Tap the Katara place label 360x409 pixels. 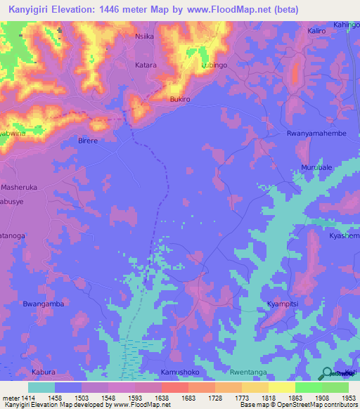(x=146, y=65)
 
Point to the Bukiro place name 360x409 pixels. (x=180, y=100)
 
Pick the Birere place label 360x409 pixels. (x=88, y=141)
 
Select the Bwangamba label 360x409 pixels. (x=44, y=304)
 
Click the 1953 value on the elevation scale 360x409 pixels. (x=349, y=397)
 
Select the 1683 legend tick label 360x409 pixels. (x=188, y=397)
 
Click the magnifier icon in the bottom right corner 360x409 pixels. (x=327, y=373)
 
